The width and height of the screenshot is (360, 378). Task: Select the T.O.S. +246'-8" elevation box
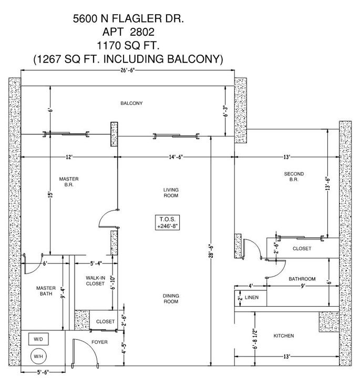[x=168, y=222]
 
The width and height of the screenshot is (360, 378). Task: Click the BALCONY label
[x=131, y=103]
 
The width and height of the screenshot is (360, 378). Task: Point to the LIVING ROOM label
[x=170, y=192]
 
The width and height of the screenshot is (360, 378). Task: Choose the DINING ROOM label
[x=170, y=299]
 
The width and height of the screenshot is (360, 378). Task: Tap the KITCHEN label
[x=283, y=335]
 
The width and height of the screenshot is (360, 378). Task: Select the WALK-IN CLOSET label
[x=95, y=280]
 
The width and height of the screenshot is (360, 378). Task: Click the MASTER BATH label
[x=46, y=291]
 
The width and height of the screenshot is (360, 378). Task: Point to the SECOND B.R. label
[x=294, y=176]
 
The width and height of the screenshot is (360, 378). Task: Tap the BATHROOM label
[x=302, y=279]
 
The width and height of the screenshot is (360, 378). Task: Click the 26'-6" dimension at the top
[x=127, y=70]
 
